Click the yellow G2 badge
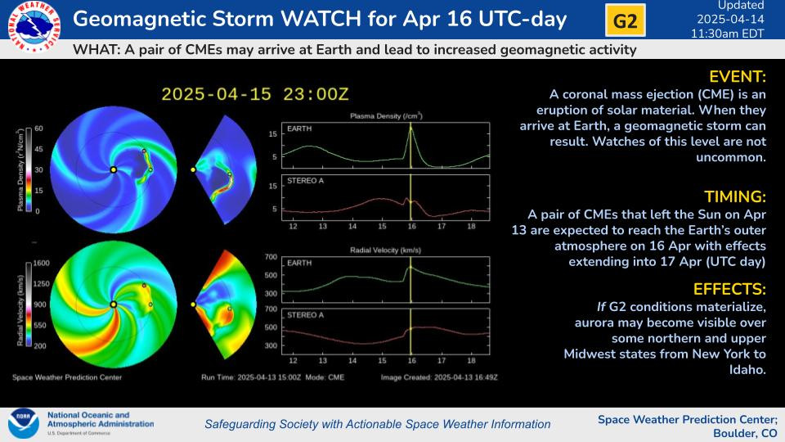coord(625,21)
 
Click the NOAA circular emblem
coord(24,424)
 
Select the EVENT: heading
coord(738,77)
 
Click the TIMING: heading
coord(735,196)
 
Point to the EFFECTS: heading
coord(729,289)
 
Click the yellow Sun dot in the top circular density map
coord(114,169)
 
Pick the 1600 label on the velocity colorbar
coord(41,264)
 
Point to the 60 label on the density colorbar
coord(38,129)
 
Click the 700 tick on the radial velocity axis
coord(271,257)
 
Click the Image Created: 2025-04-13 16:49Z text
coord(439,377)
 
